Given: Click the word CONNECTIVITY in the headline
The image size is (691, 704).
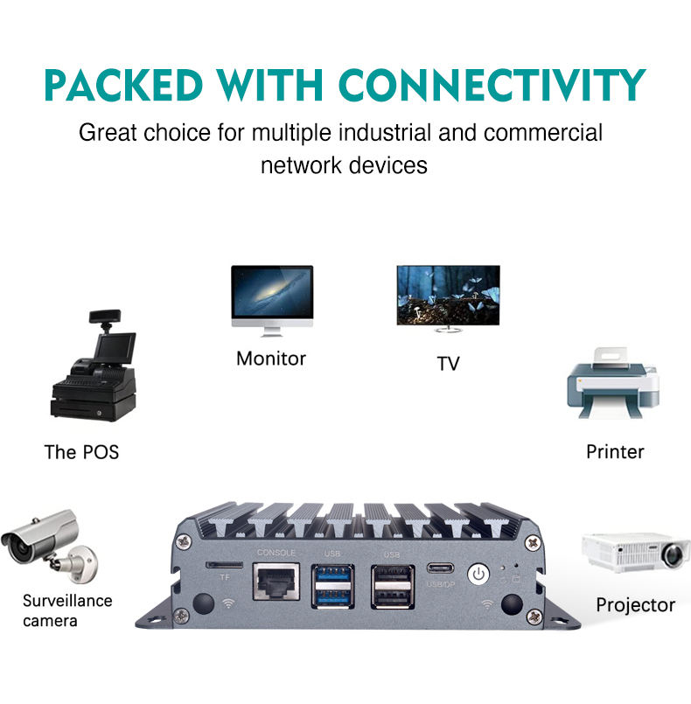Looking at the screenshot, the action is pos(492,85).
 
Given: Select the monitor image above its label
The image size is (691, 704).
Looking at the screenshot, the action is pos(271,297).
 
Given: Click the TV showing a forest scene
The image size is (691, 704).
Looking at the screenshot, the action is pos(448,298).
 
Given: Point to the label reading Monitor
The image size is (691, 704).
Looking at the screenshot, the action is pos(271,359).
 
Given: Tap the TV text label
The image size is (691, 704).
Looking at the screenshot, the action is pos(448,364).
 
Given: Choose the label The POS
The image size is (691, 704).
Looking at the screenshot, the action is pos(81,452).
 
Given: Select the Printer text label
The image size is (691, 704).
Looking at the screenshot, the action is pos(615,452).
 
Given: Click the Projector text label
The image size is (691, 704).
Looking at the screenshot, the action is pos(635,605).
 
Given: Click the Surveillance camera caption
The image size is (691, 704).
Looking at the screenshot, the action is pos(67,610).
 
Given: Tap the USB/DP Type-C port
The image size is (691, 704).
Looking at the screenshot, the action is pos(437,568).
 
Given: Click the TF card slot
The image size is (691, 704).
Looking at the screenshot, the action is pos(225,565).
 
